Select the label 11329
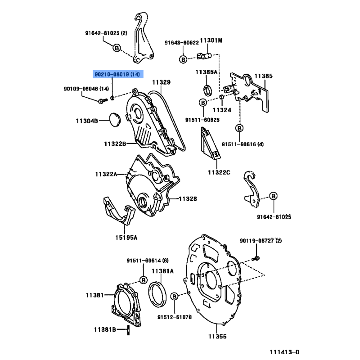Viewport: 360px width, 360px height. point(161,82)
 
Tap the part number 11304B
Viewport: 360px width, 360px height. point(86,121)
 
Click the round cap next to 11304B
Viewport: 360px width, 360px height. point(116,120)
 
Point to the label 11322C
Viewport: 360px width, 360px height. point(219,172)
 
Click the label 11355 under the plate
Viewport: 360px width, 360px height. point(217,336)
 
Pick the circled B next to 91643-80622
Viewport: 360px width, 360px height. point(183,59)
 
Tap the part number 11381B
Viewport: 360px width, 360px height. point(105,330)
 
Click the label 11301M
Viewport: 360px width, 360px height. point(211,41)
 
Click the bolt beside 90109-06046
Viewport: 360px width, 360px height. point(100,100)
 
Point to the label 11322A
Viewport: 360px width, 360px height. point(106,174)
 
